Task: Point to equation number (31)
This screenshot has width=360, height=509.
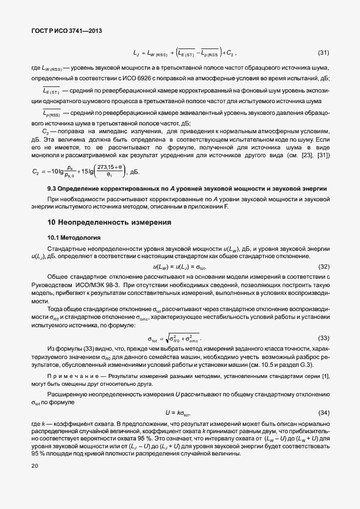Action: point(323,53)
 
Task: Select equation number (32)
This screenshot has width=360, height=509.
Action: point(323,267)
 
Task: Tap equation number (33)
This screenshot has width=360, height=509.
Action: point(323,338)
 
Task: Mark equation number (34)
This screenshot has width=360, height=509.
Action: point(323,413)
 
